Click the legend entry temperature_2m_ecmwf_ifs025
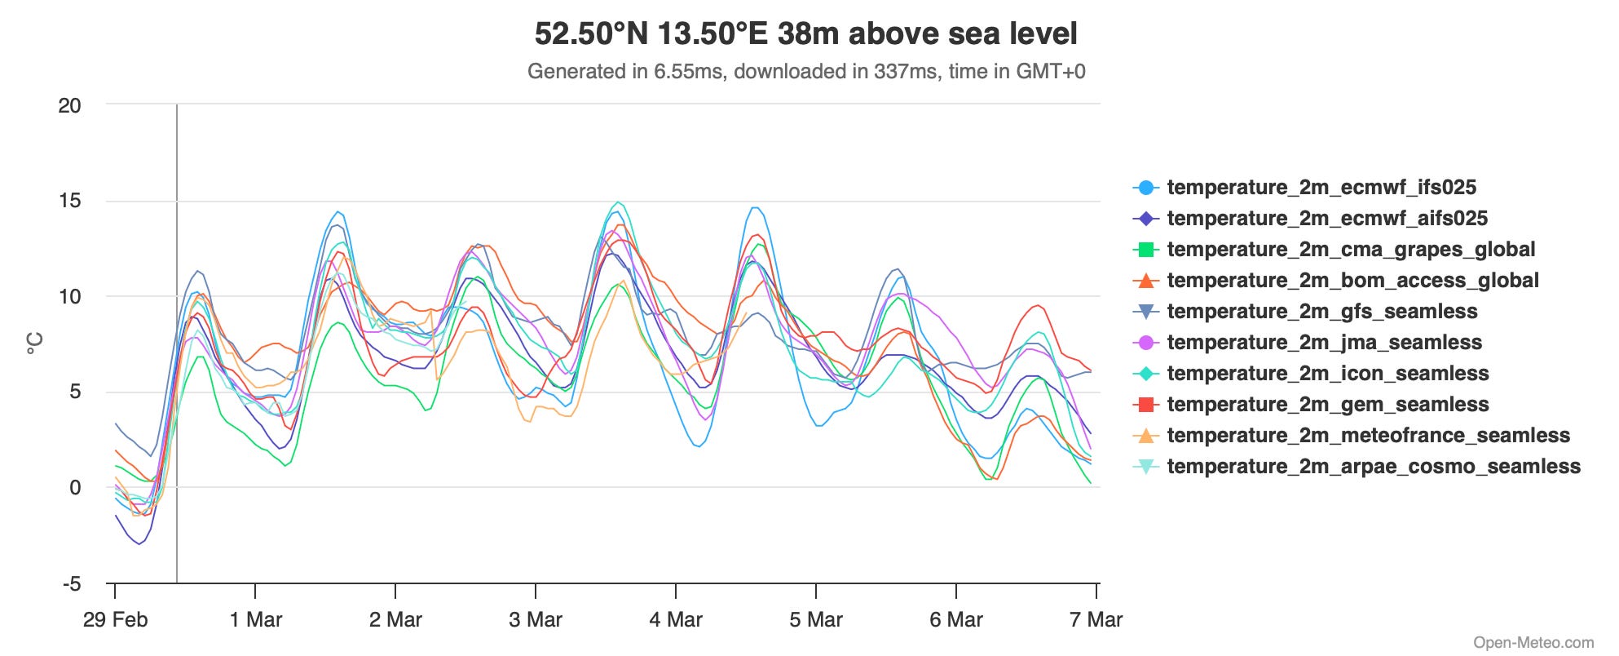pyautogui.click(x=1321, y=188)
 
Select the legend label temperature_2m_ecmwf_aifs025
pyautogui.click(x=1326, y=219)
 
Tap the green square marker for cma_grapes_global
pyautogui.click(x=1145, y=250)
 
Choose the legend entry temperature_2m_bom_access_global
pyautogui.click(x=1352, y=281)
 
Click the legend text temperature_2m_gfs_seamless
pyautogui.click(x=1321, y=312)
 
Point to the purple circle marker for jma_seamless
pyautogui.click(x=1145, y=343)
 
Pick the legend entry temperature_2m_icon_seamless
pyautogui.click(x=1327, y=374)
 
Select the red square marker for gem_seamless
pyautogui.click(x=1145, y=405)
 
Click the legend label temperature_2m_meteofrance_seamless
pyautogui.click(x=1367, y=436)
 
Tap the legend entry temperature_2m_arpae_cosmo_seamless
pyautogui.click(x=1373, y=467)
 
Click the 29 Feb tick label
pyautogui.click(x=115, y=620)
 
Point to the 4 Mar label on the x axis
pyautogui.click(x=676, y=620)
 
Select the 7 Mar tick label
pyautogui.click(x=1096, y=620)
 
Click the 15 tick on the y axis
pyautogui.click(x=70, y=201)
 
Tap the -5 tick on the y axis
pyautogui.click(x=71, y=584)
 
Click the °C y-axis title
pyautogui.click(x=35, y=344)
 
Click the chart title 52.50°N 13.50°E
pyautogui.click(x=805, y=34)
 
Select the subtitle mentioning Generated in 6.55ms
pyautogui.click(x=805, y=72)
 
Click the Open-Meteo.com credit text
pyautogui.click(x=1533, y=643)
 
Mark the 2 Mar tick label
pyautogui.click(x=395, y=620)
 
